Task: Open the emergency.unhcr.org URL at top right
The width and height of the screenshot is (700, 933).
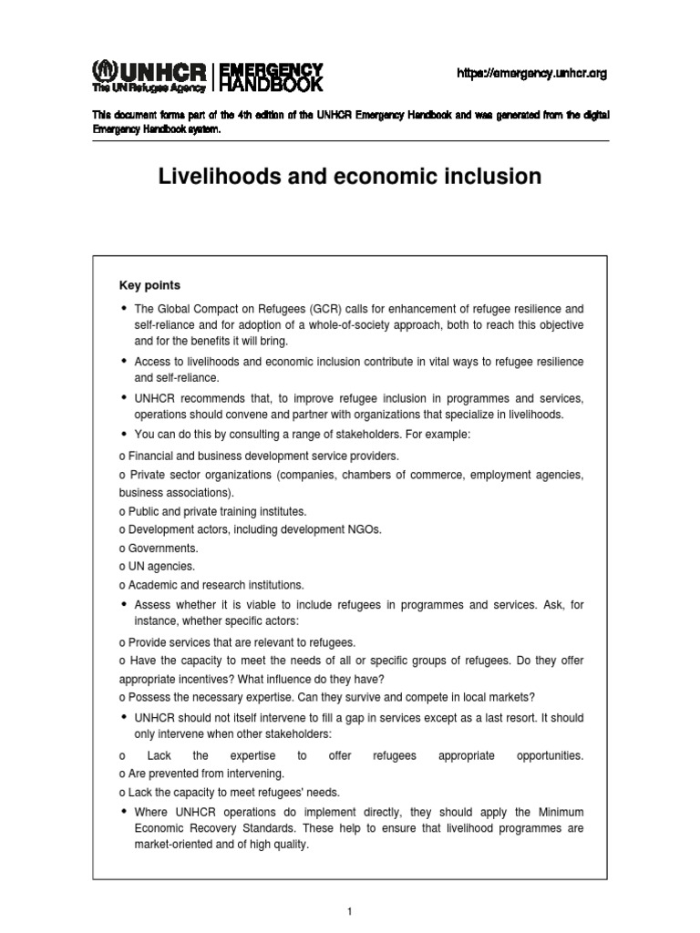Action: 531,74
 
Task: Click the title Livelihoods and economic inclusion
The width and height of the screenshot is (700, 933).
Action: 350,177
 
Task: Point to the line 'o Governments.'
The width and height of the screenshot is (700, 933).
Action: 159,549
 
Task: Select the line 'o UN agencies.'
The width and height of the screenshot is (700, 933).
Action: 157,567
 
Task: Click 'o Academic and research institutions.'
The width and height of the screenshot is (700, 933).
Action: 211,585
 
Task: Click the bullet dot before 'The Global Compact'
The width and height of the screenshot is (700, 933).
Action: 124,308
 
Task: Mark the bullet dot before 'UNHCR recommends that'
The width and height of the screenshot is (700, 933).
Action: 124,397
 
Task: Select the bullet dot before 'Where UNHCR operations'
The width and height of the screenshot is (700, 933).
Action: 124,811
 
